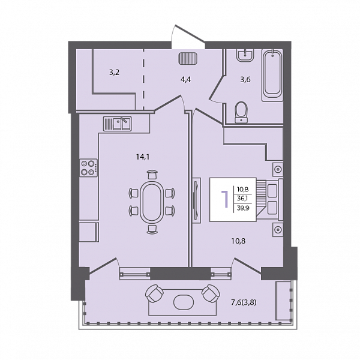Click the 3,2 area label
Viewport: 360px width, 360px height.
[x=114, y=73]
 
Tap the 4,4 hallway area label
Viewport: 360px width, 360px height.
[x=186, y=80]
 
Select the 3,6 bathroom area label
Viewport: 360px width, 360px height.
[x=245, y=80]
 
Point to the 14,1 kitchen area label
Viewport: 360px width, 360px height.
[x=143, y=157]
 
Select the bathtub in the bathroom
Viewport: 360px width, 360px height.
[x=272, y=75]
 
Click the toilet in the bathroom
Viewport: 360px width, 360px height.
[x=241, y=112]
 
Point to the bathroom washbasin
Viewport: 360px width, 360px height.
[x=245, y=55]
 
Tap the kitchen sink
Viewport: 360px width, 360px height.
[x=118, y=124]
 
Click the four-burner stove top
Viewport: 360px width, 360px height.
[x=89, y=167]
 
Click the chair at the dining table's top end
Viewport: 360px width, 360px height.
[x=152, y=175]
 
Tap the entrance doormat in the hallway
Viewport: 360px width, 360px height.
[x=188, y=58]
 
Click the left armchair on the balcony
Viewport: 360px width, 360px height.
[x=154, y=293]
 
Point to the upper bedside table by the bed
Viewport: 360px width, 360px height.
[x=278, y=169]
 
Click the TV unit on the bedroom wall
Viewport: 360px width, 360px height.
[x=197, y=200]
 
